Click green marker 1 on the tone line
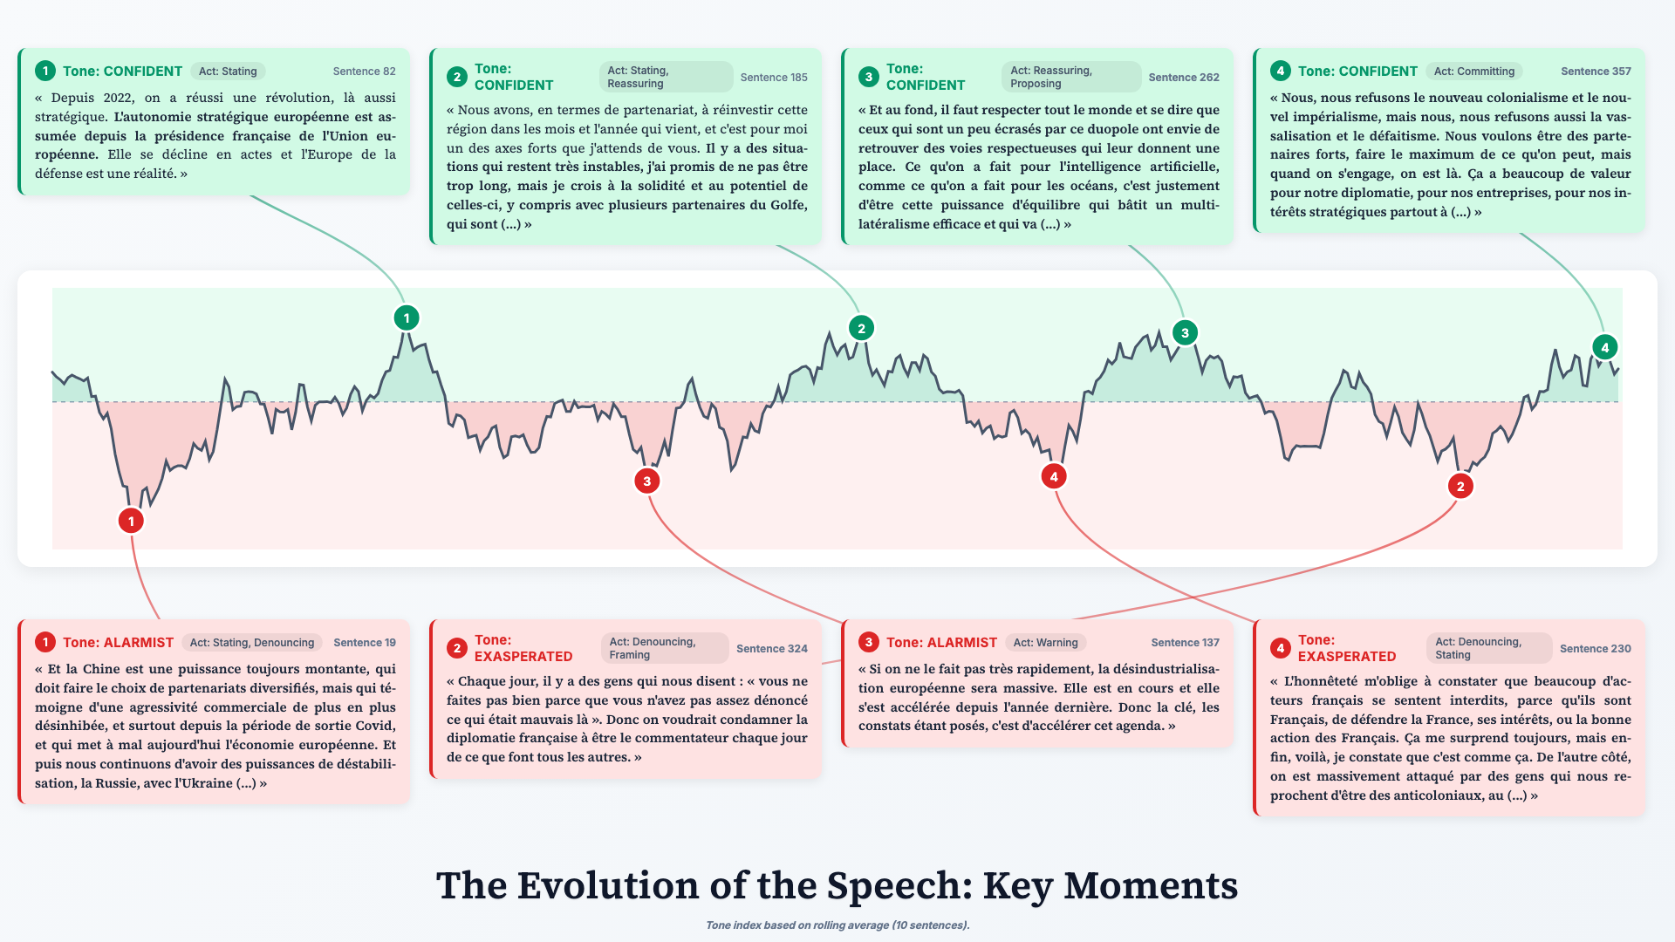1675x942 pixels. coord(406,318)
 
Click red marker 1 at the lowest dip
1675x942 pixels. coord(131,522)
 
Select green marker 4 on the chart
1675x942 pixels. coord(1604,347)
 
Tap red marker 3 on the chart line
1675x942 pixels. coord(646,481)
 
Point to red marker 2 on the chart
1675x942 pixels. coord(1460,487)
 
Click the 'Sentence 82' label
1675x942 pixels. coord(364,72)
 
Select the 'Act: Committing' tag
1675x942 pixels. coord(1473,72)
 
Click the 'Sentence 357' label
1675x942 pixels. coord(1596,72)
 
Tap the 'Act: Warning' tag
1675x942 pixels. coord(1045,643)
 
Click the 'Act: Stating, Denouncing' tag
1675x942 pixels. coord(251,643)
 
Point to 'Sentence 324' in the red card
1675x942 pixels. coord(771,649)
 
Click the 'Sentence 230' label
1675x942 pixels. coord(1595,649)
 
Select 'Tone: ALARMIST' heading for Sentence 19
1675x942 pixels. coord(118,643)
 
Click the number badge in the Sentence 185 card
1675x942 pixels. coord(456,78)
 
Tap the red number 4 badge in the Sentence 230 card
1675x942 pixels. coord(1280,649)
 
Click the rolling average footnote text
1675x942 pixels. coord(837,925)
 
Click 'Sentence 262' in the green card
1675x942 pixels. coord(1184,78)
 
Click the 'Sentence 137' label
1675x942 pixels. coord(1185,643)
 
